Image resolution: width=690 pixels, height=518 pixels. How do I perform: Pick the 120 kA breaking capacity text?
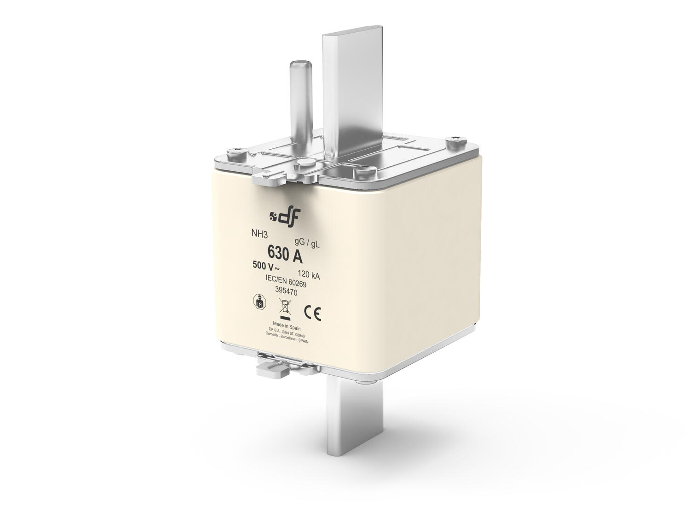309,277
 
